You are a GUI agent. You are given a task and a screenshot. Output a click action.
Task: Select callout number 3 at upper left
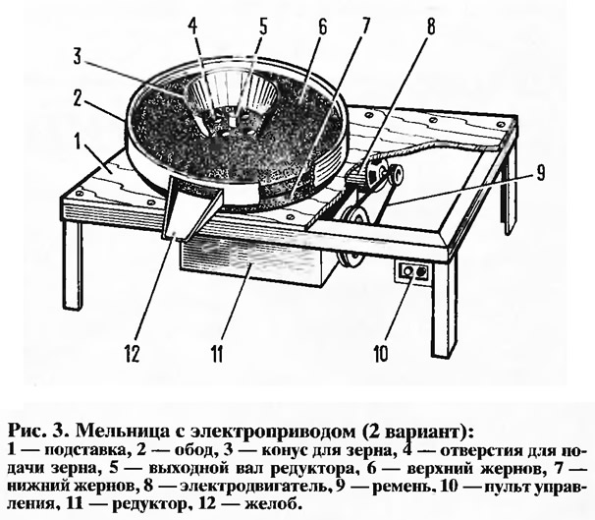(x=78, y=58)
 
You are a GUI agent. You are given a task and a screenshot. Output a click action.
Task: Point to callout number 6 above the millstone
(x=322, y=28)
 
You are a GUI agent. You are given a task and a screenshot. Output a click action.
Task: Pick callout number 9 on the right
(x=539, y=173)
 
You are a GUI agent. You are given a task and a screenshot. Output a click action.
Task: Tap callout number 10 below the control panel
(x=381, y=353)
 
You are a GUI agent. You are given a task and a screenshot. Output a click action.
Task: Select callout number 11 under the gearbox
(x=217, y=354)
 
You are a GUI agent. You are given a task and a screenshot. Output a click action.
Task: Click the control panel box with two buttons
(x=414, y=272)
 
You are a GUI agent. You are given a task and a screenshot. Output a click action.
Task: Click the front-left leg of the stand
(x=73, y=264)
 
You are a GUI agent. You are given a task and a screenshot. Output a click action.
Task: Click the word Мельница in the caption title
(x=124, y=432)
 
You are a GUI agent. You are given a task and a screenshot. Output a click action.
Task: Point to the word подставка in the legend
(x=85, y=451)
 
